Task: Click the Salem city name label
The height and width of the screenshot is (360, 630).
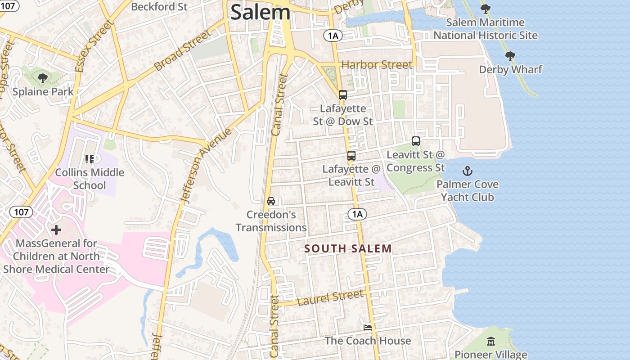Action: [x=260, y=12]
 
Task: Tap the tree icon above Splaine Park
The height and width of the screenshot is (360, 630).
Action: [x=43, y=79]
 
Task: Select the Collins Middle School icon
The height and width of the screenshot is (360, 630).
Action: [x=90, y=159]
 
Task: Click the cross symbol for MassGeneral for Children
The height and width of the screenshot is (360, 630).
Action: [x=56, y=230]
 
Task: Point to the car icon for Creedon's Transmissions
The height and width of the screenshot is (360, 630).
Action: [x=271, y=201]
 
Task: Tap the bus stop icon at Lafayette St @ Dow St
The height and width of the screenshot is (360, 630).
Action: [x=343, y=95]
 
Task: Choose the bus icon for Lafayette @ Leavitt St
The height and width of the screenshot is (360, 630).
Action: [x=351, y=156]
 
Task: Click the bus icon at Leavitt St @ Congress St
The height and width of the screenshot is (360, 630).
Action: [x=416, y=141]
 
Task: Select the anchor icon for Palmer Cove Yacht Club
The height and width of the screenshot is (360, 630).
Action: [x=468, y=171]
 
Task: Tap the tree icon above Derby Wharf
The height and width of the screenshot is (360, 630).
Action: [x=510, y=56]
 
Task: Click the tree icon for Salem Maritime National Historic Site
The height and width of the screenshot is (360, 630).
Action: [x=486, y=9]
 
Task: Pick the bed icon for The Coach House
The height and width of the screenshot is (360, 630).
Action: [x=368, y=327]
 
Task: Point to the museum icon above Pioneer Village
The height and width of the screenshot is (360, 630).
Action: [x=491, y=342]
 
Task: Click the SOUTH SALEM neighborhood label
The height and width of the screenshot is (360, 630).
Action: [x=348, y=248]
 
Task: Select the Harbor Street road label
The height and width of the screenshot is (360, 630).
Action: [x=377, y=65]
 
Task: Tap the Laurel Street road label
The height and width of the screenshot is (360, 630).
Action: [x=331, y=297]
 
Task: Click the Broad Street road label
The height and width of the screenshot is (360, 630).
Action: [x=182, y=50]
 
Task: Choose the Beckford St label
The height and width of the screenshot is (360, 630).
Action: [x=159, y=7]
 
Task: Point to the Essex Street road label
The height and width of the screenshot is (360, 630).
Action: [x=94, y=45]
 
